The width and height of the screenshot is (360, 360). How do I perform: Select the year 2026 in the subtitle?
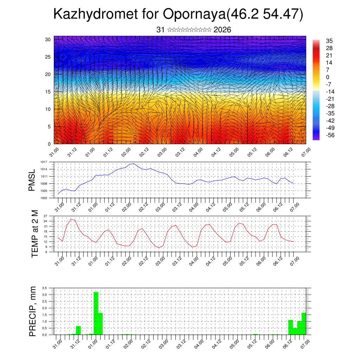click(x=222, y=30)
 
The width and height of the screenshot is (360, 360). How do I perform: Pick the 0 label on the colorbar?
click(x=328, y=77)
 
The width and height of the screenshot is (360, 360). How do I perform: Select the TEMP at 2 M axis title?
click(x=34, y=234)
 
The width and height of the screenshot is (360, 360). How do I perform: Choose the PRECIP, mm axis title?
click(x=33, y=311)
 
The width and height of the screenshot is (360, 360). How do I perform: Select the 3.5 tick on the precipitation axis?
click(x=44, y=288)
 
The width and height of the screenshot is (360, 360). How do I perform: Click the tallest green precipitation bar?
click(x=96, y=313)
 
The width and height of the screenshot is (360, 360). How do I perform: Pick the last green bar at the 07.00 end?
click(x=304, y=323)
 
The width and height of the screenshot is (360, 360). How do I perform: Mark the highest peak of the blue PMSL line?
click(x=133, y=163)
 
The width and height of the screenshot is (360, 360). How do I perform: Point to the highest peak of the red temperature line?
click(x=71, y=219)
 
